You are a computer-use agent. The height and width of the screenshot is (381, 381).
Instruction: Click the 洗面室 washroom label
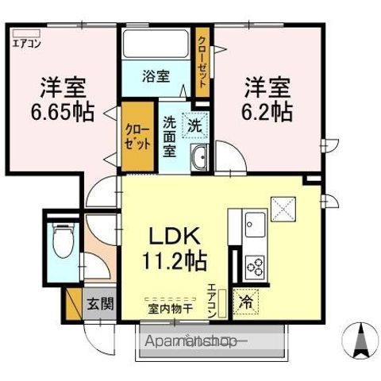pos(170,137)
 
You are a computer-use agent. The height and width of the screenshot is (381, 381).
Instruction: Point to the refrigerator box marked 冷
pos(246,302)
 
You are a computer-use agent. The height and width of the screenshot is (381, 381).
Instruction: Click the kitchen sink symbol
pos(256,221)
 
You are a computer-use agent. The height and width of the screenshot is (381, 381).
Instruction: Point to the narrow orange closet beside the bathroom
pos(204,60)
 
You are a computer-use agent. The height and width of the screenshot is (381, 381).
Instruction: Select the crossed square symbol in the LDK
pos(283,209)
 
